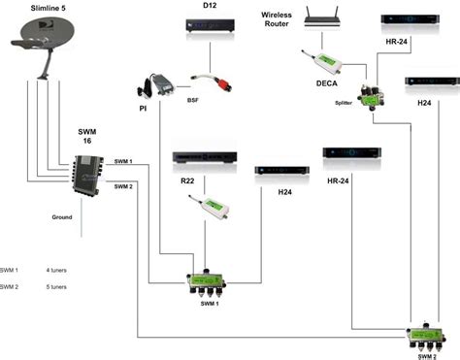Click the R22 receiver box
pyautogui.click(x=203, y=160)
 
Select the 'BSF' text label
pyautogui.click(x=192, y=100)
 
